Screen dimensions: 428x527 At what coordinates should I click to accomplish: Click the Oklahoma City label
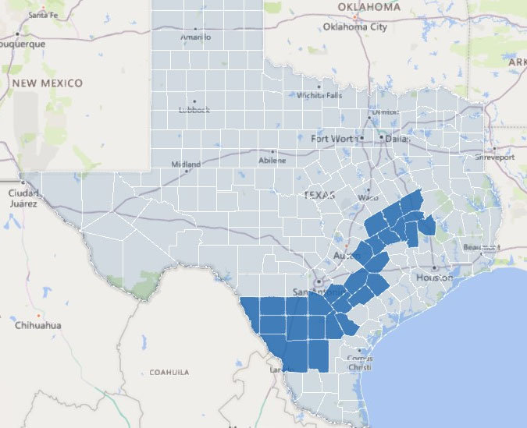355,27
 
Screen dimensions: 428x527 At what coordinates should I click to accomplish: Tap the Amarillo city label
195,37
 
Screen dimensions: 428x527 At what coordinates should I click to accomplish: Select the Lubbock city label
194,110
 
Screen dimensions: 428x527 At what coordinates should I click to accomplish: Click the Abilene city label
272,161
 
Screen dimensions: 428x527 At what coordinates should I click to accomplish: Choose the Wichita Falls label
319,95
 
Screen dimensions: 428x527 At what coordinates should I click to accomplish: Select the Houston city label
434,278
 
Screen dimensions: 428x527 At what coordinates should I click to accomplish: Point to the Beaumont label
479,247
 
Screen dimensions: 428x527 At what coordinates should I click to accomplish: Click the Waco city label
368,197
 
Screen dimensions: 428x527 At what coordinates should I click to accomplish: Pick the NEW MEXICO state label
48,82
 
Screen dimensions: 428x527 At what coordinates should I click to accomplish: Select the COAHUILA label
169,373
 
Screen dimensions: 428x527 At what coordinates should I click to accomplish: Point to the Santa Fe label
32,15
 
